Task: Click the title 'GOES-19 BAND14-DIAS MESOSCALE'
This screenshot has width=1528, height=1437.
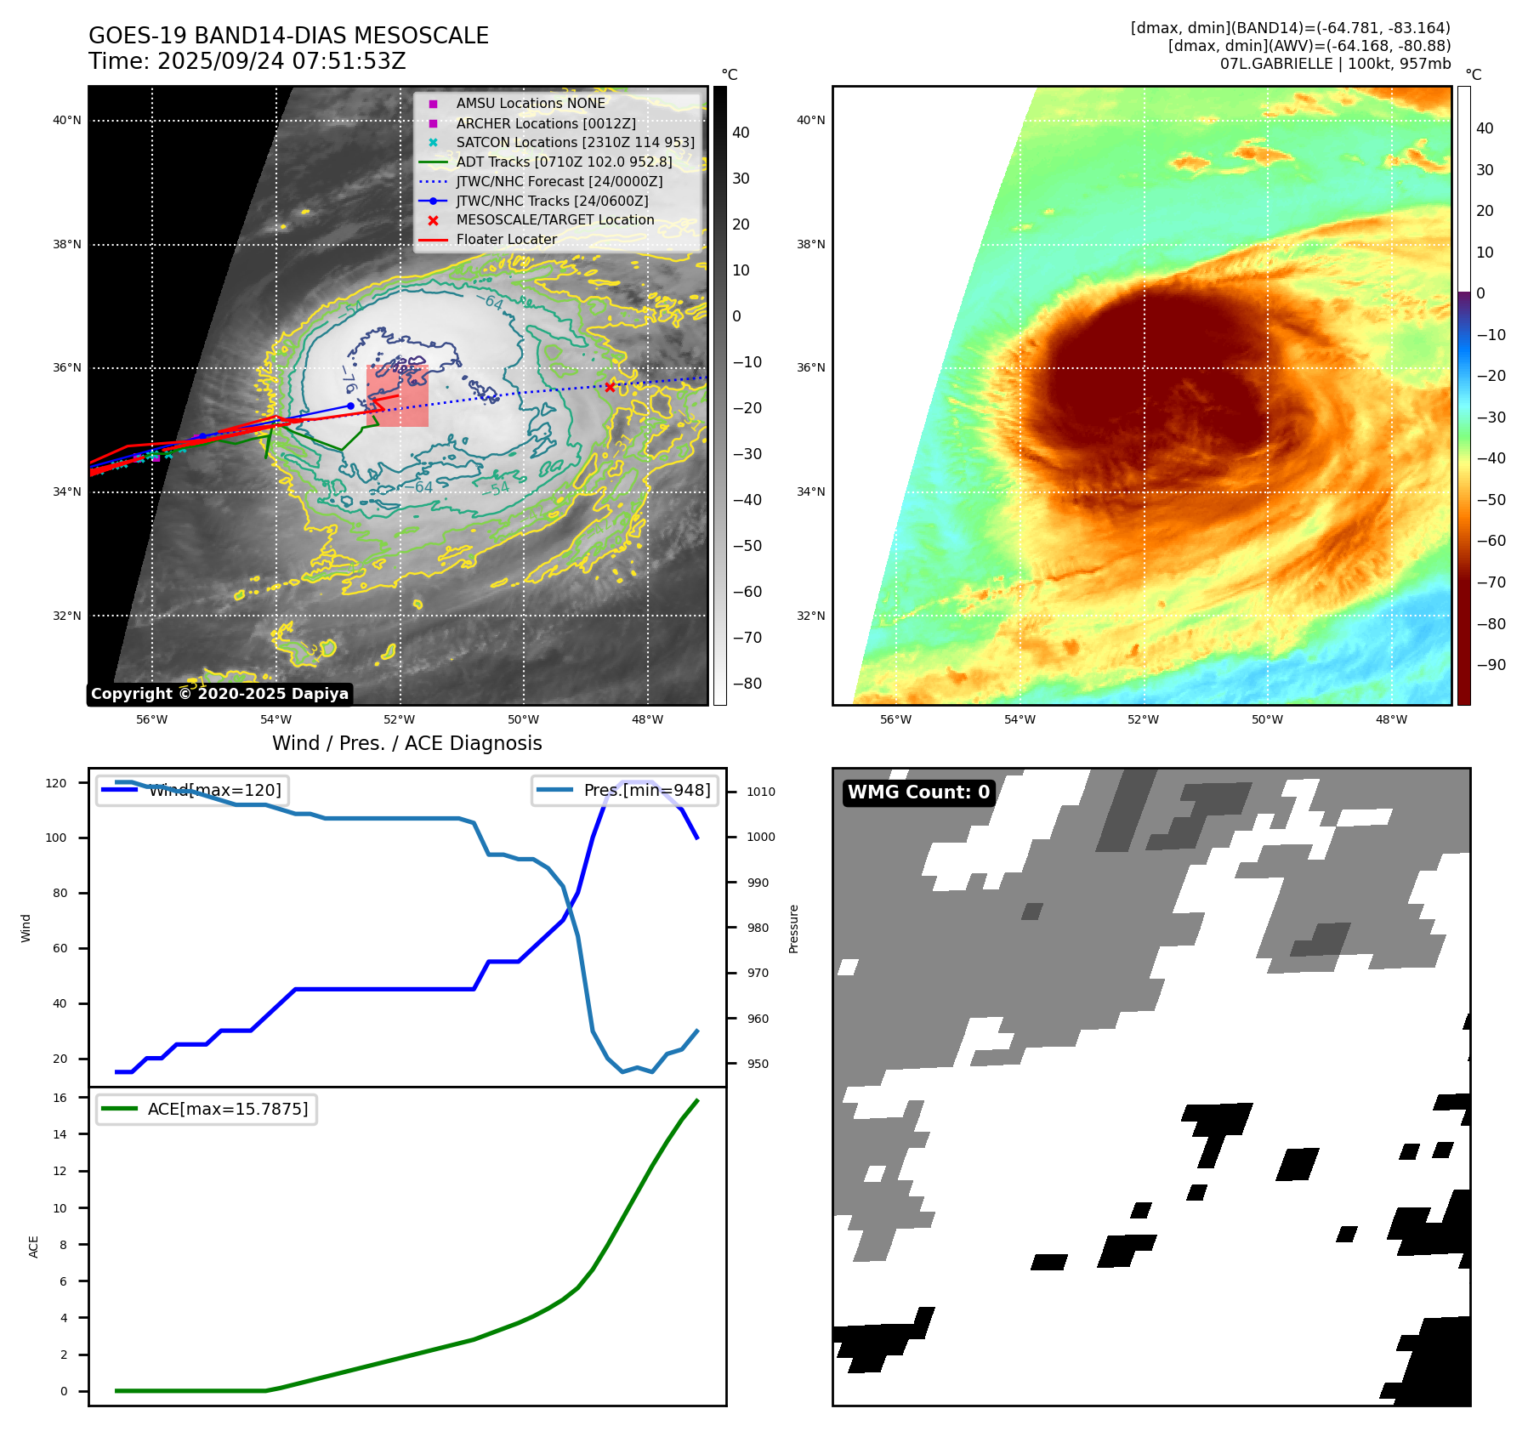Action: tap(288, 36)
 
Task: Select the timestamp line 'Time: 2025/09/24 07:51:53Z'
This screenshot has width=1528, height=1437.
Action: tap(247, 61)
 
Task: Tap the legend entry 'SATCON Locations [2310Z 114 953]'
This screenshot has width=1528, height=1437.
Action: tap(575, 142)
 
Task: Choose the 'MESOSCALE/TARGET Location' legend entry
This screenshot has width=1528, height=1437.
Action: tap(554, 219)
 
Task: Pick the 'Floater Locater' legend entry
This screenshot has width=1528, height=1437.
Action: tap(506, 239)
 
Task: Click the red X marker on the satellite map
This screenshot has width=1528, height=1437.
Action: tap(610, 387)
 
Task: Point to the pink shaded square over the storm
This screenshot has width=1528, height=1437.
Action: tap(397, 396)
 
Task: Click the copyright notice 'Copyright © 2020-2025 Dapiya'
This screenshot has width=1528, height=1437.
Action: tap(219, 694)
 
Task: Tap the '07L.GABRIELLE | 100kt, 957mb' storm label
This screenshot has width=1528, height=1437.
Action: tap(1335, 64)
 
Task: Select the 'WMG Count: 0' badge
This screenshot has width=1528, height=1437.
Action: tap(918, 792)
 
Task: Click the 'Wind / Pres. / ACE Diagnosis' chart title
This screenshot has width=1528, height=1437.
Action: tap(406, 743)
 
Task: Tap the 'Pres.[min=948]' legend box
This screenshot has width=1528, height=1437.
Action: tap(625, 790)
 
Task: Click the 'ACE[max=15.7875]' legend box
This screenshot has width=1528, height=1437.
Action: tap(206, 1109)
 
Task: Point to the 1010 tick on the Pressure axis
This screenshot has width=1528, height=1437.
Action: tap(760, 792)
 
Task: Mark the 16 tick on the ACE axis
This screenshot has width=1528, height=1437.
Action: tap(60, 1098)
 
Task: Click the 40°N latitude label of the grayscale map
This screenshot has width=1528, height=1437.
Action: tap(67, 120)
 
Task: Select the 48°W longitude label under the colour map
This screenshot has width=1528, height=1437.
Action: tap(1391, 719)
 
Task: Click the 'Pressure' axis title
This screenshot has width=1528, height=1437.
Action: tap(793, 929)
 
